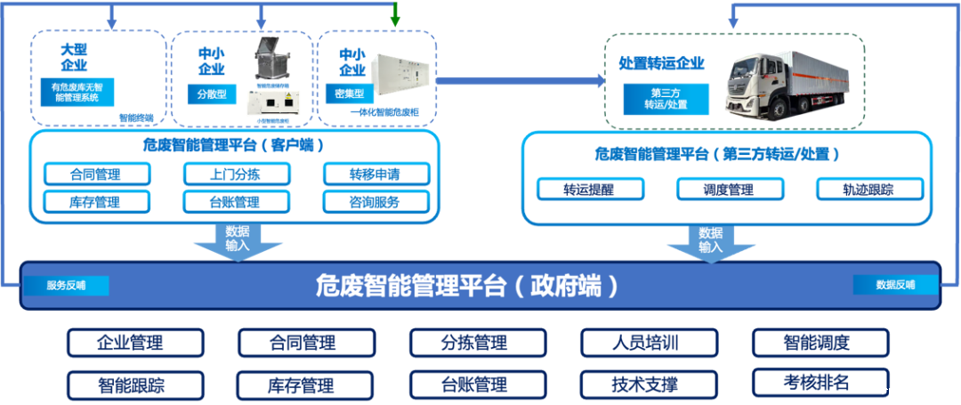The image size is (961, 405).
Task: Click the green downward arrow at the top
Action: point(395,14)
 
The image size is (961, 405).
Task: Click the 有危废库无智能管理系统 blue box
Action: point(77,92)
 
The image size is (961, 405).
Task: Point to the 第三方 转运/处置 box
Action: point(666,99)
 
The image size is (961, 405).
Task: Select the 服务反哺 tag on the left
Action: point(66,286)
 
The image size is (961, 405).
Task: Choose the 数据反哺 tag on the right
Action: point(895,285)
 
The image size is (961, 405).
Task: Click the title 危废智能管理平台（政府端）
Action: point(466,287)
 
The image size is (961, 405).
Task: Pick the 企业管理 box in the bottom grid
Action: point(135,343)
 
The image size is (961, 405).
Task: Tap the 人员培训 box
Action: point(649,343)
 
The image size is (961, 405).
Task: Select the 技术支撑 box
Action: point(649,385)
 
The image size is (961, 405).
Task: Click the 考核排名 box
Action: point(820,383)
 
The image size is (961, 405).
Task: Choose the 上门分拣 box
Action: point(236,174)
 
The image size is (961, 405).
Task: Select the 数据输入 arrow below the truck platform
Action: point(710,240)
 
